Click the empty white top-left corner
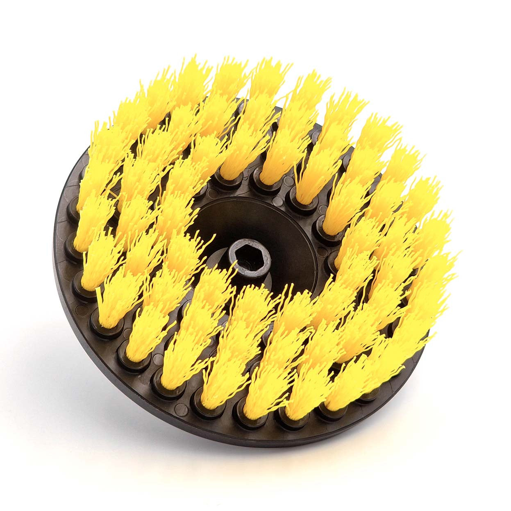[25, 25]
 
